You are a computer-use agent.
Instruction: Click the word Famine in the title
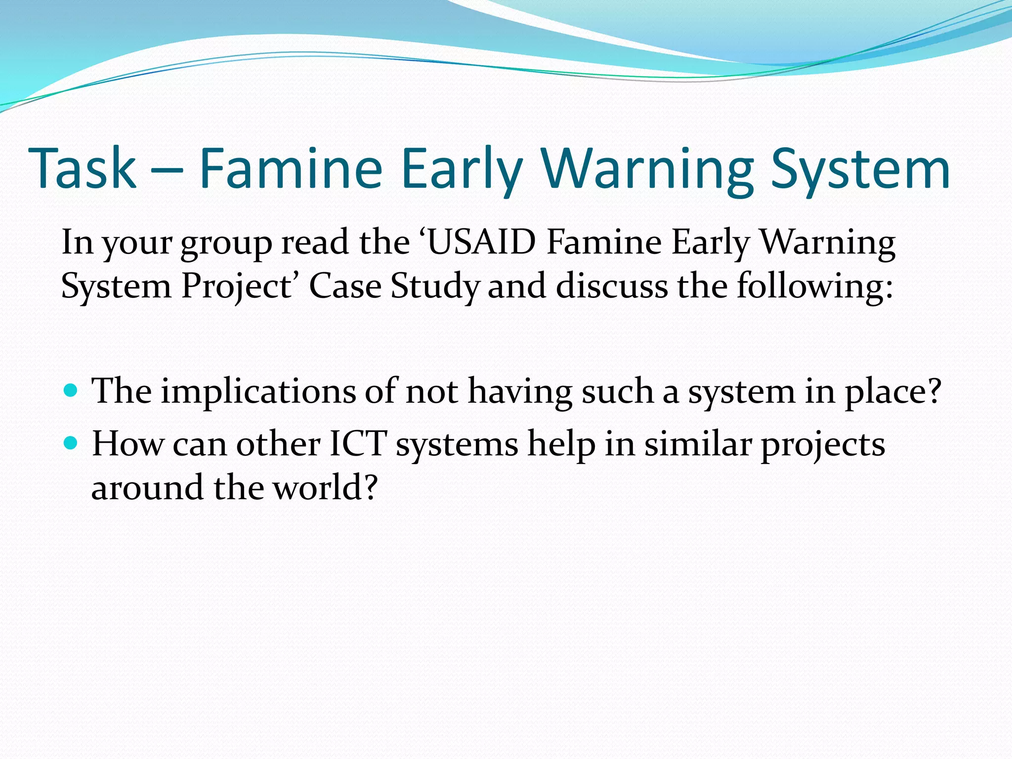(291, 169)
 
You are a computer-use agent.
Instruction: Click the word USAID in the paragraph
(481, 243)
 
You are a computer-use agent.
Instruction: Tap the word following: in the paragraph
(815, 287)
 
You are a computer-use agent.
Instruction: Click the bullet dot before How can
(71, 443)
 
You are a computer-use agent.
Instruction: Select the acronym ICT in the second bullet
(358, 444)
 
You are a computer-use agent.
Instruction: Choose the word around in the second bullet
(147, 488)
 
